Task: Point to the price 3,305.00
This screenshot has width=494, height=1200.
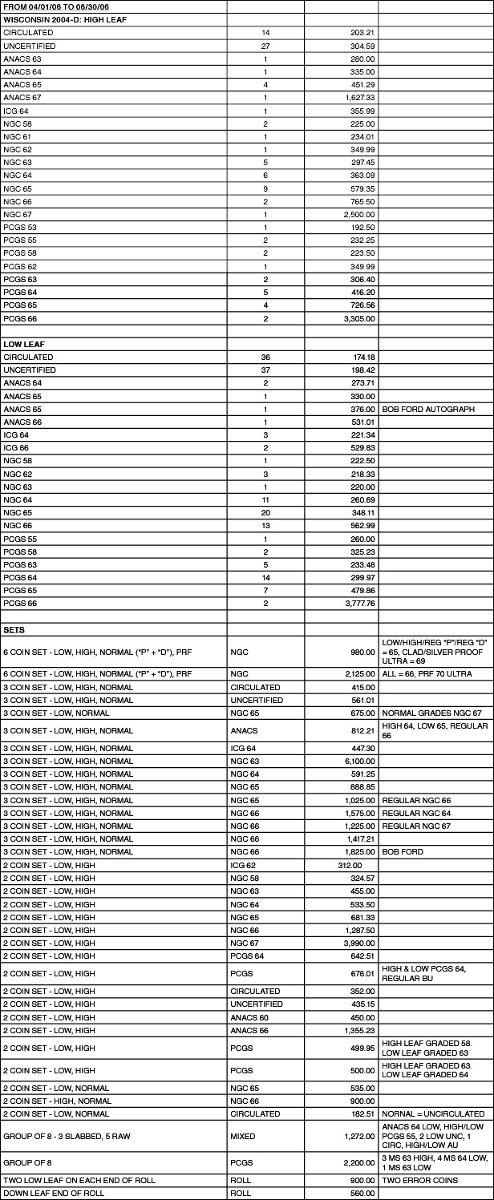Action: (x=358, y=318)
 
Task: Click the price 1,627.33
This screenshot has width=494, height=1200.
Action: (x=358, y=97)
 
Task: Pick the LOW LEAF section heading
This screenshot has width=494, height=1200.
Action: (x=22, y=344)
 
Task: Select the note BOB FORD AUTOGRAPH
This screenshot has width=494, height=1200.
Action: (x=427, y=409)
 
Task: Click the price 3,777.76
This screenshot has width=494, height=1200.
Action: (x=358, y=603)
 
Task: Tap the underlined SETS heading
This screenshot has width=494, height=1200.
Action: (x=14, y=629)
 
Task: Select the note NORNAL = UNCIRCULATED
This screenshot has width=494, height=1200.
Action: (x=433, y=1113)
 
